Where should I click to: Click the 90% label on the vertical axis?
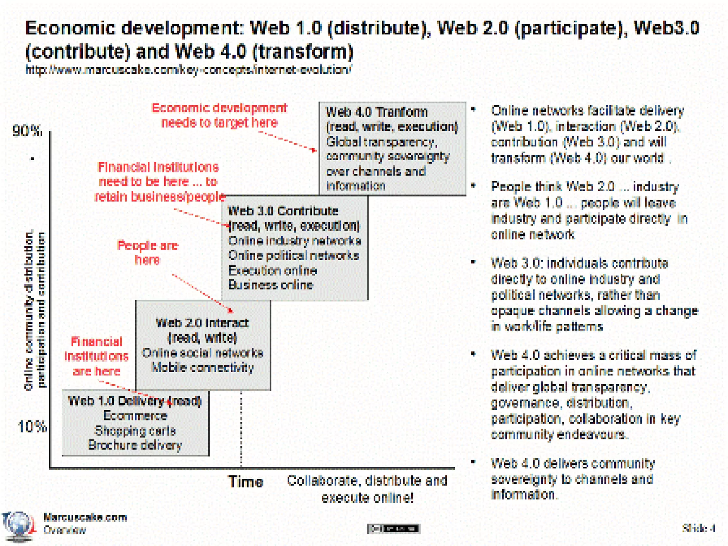tap(27, 131)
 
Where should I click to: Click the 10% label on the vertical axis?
tap(32, 426)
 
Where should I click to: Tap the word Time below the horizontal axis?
tap(246, 482)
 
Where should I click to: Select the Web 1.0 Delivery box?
tap(135, 423)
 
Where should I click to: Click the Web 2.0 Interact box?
tap(203, 345)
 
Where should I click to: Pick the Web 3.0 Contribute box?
tap(294, 248)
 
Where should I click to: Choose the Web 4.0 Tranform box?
tap(392, 149)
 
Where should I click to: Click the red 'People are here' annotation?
tap(148, 252)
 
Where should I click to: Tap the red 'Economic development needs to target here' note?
tap(219, 115)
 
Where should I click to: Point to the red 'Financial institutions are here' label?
tap(96, 356)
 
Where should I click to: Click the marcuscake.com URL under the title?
tap(188, 70)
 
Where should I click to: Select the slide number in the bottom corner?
tap(698, 528)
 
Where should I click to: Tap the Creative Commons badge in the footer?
tap(394, 529)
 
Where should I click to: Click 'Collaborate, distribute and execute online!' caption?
tap(367, 489)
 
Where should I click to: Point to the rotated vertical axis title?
tap(35, 309)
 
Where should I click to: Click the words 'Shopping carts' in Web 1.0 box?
tap(135, 430)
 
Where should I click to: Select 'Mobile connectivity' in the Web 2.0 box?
tap(203, 368)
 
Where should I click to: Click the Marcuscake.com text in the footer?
tap(85, 517)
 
